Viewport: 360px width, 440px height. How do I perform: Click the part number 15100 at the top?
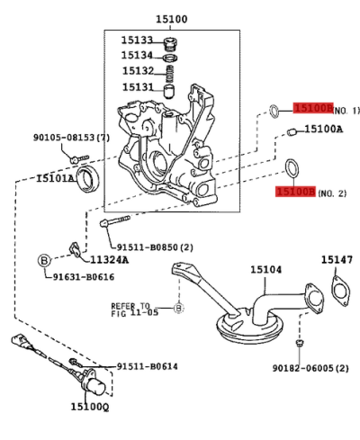click(171, 19)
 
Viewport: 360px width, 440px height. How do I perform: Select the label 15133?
click(138, 40)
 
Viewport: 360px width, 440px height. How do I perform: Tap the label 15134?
click(138, 55)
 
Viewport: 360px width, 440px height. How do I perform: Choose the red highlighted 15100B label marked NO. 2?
click(295, 192)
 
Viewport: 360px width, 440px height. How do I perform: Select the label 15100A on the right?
click(323, 130)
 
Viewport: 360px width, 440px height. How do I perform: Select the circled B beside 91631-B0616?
click(42, 260)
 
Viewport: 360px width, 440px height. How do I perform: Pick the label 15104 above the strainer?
click(265, 269)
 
